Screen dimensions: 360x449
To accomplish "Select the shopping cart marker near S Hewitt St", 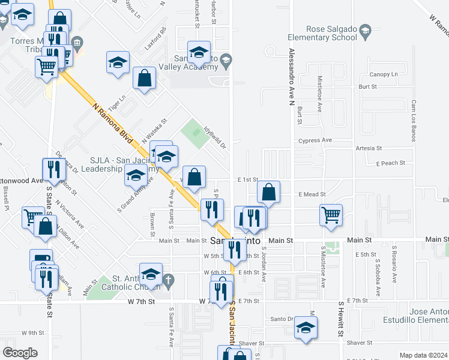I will pyautogui.click(x=331, y=216).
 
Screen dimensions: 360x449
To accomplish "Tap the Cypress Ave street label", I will pyautogui.click(x=319, y=140).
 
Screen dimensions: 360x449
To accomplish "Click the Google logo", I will pyautogui.click(x=20, y=353).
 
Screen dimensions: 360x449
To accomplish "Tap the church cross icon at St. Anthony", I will pyautogui.click(x=169, y=280).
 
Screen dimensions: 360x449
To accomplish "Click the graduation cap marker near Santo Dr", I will pyautogui.click(x=306, y=328).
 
